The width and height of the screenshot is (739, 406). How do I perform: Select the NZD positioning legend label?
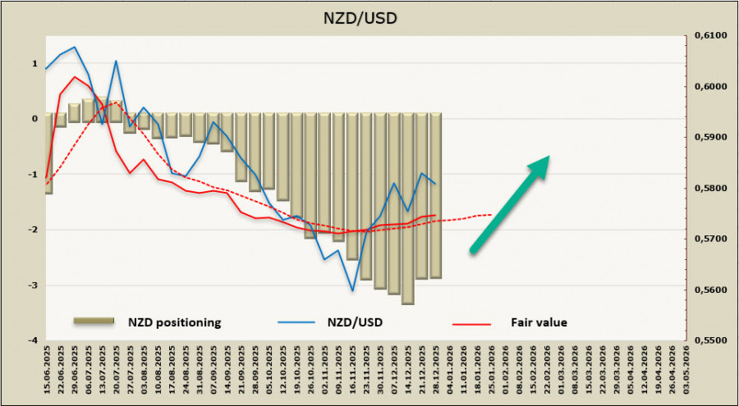[173, 322]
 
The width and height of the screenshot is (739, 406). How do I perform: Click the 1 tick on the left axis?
[34, 63]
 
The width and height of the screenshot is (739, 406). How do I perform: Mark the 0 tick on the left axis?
[34, 119]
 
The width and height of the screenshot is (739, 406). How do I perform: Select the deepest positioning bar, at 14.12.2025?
[408, 208]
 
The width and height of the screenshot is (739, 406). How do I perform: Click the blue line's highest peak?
[75, 47]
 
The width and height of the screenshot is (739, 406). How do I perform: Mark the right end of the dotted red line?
[491, 215]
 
